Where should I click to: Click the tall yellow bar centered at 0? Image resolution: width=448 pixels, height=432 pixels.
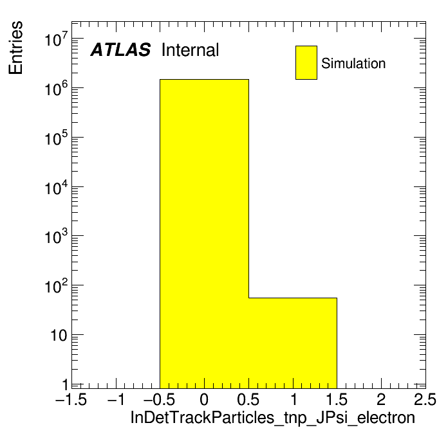[x=204, y=234]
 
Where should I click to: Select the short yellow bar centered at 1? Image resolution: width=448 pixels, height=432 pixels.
[x=293, y=343]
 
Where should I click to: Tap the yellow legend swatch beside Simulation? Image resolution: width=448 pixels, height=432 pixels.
[x=306, y=62]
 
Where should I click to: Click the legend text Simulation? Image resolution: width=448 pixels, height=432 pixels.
[x=353, y=63]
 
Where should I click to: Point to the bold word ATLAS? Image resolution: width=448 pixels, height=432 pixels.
[x=120, y=50]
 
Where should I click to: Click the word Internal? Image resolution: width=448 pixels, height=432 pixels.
[x=191, y=50]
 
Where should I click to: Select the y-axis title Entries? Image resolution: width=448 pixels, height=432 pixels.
[x=15, y=48]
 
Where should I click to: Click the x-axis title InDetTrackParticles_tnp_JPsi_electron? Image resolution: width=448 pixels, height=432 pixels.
[x=272, y=417]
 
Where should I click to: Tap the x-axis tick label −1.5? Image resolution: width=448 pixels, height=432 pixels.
[x=71, y=399]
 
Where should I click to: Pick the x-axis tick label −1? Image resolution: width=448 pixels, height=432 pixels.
[x=116, y=399]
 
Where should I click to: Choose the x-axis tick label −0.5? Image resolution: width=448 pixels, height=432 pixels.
[x=160, y=399]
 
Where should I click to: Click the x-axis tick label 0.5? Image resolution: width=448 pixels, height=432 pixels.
[x=248, y=399]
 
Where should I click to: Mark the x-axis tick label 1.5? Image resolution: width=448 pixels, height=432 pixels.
[x=337, y=399]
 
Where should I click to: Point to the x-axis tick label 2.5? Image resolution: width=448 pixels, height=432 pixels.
[x=425, y=399]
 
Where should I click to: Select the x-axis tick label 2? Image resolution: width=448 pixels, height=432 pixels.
[x=381, y=399]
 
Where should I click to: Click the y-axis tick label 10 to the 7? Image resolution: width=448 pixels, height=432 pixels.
[x=57, y=39]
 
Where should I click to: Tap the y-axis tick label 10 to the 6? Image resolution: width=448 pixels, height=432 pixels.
[x=57, y=88]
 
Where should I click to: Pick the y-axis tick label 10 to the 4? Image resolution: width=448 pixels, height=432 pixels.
[x=57, y=187]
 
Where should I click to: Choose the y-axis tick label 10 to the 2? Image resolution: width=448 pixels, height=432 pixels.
[x=57, y=285]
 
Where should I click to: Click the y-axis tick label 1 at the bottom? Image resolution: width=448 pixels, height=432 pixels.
[x=66, y=385]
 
